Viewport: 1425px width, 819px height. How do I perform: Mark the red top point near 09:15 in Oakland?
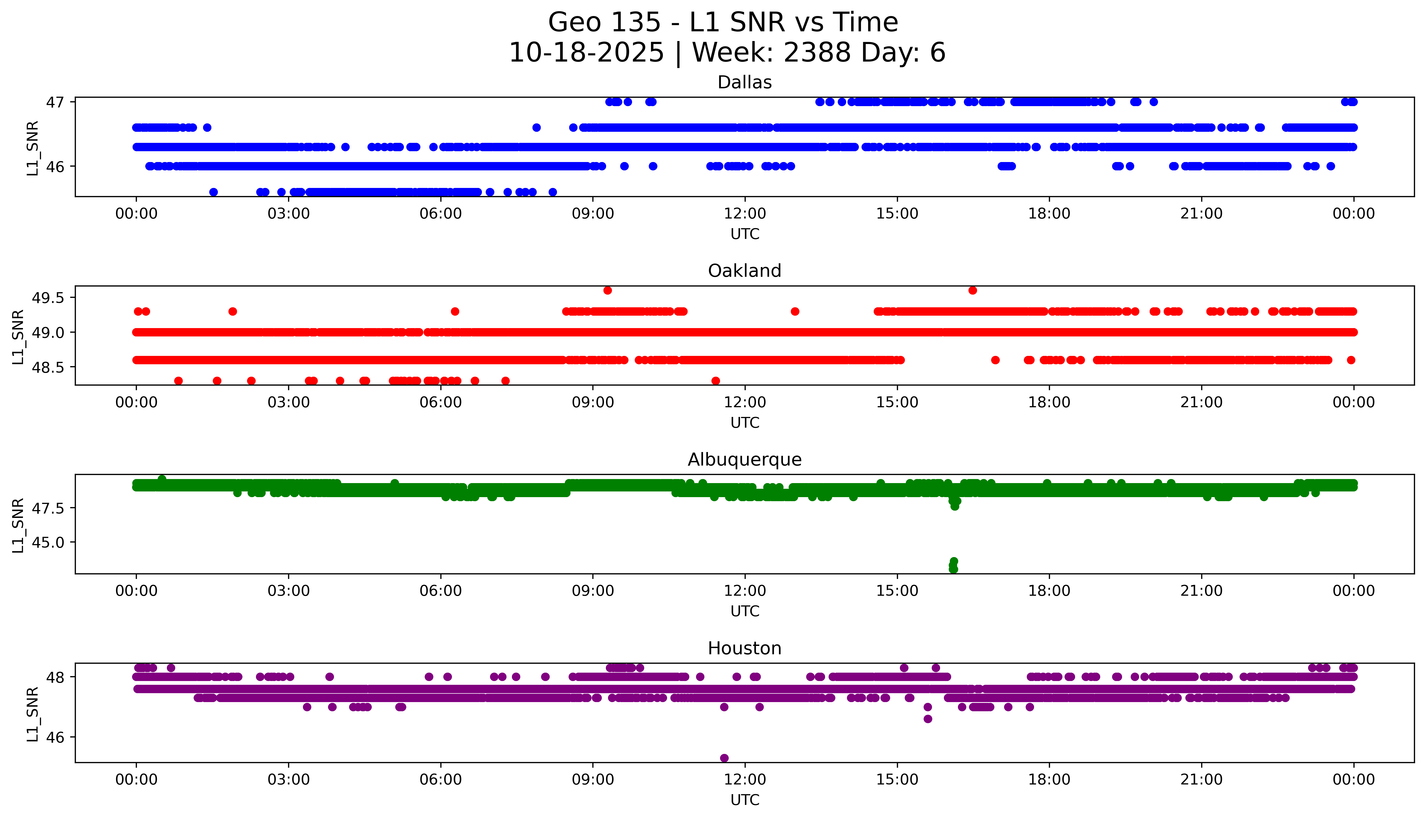click(x=607, y=290)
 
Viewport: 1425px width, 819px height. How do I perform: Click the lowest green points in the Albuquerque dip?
click(x=953, y=569)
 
